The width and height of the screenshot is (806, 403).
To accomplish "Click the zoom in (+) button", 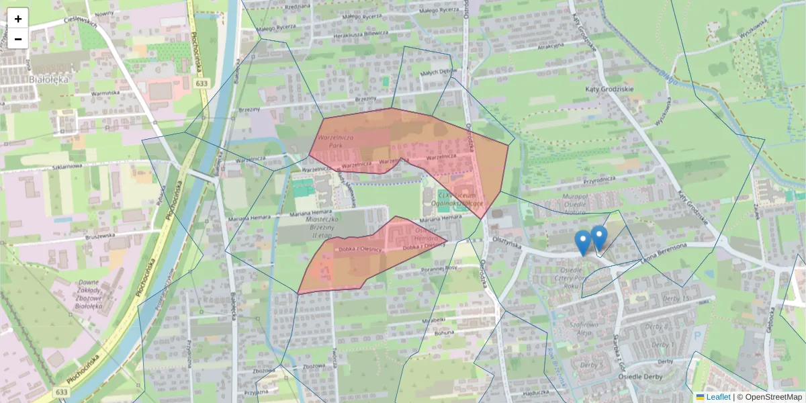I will click(x=18, y=18).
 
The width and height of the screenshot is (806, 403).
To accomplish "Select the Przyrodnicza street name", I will click(x=581, y=180).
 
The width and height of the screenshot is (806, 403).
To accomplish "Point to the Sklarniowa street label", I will click(x=64, y=166).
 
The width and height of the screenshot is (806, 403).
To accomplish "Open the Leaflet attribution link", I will click(x=717, y=397).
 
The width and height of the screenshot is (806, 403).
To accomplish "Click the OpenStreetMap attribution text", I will click(x=772, y=397).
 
